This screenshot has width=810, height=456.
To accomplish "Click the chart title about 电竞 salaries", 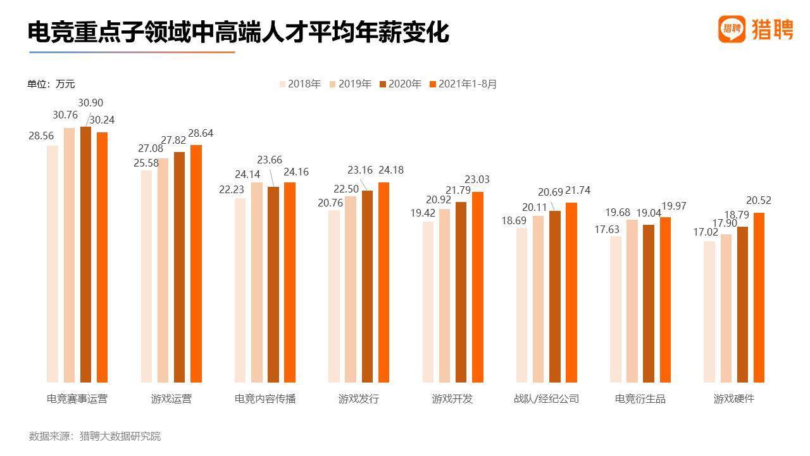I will point(238,32).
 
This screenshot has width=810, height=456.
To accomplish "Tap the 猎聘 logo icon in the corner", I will point(732,28).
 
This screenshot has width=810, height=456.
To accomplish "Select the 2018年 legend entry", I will point(300,84).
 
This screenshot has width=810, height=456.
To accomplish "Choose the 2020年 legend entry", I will point(400,84).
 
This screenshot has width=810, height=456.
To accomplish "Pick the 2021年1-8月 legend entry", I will point(463,84).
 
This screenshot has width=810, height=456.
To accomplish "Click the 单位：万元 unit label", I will point(51,84).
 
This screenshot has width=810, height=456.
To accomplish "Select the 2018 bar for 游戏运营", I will point(146,276).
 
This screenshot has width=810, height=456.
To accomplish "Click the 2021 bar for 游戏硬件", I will point(759,298).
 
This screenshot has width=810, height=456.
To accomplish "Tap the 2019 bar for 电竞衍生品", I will point(632,301).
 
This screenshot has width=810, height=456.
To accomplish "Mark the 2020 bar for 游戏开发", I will point(461,292).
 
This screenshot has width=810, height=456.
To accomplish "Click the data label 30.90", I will point(90,103).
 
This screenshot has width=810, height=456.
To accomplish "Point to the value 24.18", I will point(390,170).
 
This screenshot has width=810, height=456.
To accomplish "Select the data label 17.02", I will point(705,232).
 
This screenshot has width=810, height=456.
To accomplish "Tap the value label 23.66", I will point(270,160).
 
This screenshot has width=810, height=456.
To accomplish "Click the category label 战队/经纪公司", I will point(546,399).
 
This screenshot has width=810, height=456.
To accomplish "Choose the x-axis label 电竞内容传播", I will point(265,399).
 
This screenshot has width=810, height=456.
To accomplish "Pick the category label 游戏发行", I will point(359,399).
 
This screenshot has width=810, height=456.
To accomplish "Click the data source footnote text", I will point(95,436).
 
